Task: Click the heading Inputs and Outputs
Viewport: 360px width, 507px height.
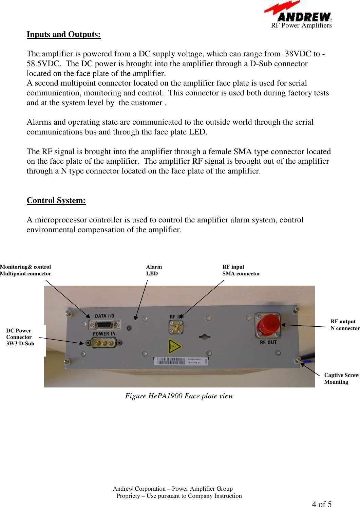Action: click(x=63, y=35)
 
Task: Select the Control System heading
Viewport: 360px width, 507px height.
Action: click(x=56, y=201)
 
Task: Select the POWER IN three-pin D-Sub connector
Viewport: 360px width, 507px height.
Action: click(x=104, y=343)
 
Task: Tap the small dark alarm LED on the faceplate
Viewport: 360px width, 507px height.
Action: click(x=129, y=328)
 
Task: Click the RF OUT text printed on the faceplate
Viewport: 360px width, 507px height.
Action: click(x=268, y=342)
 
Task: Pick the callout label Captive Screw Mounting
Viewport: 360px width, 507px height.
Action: click(x=341, y=378)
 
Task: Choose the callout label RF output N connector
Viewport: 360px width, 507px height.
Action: click(x=345, y=325)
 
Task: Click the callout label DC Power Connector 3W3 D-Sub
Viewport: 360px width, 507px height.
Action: click(x=20, y=337)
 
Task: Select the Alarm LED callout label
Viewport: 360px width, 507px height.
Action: click(x=154, y=270)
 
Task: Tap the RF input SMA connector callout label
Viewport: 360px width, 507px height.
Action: click(x=241, y=270)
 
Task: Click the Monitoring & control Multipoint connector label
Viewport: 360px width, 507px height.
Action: click(x=25, y=270)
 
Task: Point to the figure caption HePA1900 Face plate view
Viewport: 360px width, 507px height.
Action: click(x=179, y=396)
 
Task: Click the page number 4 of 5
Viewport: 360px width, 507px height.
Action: click(x=322, y=504)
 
